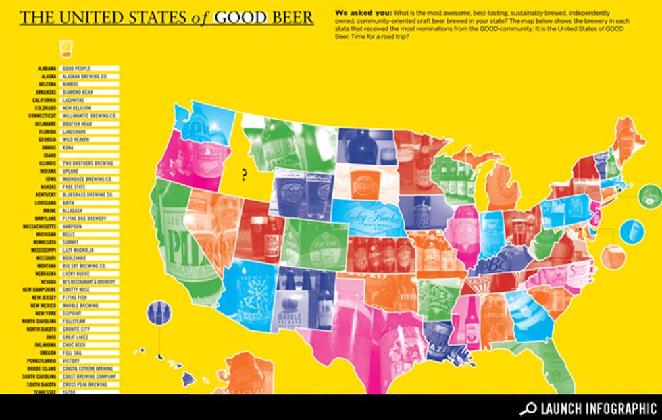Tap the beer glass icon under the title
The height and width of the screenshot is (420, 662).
coord(66,49)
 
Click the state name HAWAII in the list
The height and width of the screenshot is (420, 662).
coord(47,147)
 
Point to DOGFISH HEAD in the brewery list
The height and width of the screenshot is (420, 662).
coord(78,123)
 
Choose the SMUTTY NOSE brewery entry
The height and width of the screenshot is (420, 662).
coord(78,289)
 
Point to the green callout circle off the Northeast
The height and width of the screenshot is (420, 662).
coord(649,196)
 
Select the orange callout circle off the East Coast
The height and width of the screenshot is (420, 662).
coord(613,256)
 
